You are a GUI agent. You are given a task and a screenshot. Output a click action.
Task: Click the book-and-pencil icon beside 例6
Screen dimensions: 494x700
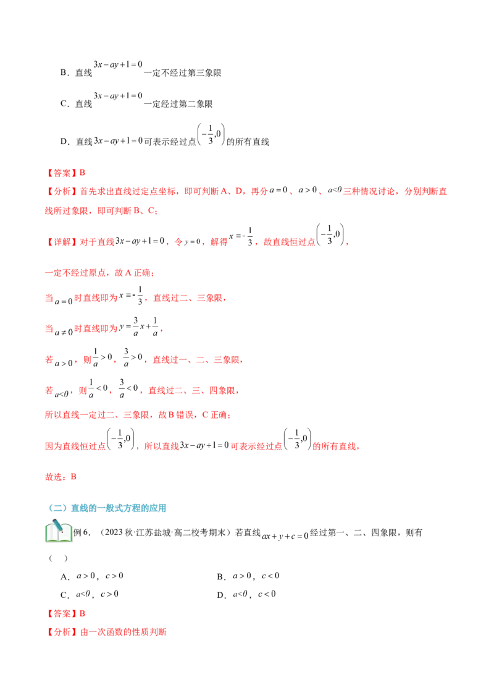pos(59,531)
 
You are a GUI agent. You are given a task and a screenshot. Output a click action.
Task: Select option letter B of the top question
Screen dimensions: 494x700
pos(64,73)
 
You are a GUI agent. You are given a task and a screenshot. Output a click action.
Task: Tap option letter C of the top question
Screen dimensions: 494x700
pos(64,104)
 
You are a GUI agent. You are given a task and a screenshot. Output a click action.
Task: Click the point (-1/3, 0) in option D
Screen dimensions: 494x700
pos(211,134)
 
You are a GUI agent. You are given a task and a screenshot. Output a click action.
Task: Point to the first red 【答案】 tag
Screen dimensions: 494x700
pos(62,173)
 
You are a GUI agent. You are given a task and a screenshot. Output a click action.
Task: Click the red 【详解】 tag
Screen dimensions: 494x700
pos(62,242)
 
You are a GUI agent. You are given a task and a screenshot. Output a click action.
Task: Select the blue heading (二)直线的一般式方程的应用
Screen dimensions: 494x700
pos(107,508)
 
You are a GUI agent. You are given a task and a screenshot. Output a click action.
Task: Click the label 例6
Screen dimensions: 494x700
pos(82,532)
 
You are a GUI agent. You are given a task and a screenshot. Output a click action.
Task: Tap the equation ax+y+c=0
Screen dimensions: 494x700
pos(285,536)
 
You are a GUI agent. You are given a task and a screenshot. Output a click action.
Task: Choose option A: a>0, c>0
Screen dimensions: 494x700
pos(92,576)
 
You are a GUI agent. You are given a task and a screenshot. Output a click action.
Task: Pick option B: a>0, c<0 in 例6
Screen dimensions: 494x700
pos(248,576)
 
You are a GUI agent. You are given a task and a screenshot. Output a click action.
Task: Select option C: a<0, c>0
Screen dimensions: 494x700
pos(90,595)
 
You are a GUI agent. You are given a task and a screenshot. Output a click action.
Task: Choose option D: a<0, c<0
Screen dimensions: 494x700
pos(246,595)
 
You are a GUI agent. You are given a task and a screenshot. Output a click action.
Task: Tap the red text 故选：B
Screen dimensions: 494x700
pos(61,477)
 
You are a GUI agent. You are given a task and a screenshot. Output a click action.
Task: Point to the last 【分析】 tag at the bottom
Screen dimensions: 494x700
pos(62,632)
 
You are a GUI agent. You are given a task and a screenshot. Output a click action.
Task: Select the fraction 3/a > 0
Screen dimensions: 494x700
pos(133,357)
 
